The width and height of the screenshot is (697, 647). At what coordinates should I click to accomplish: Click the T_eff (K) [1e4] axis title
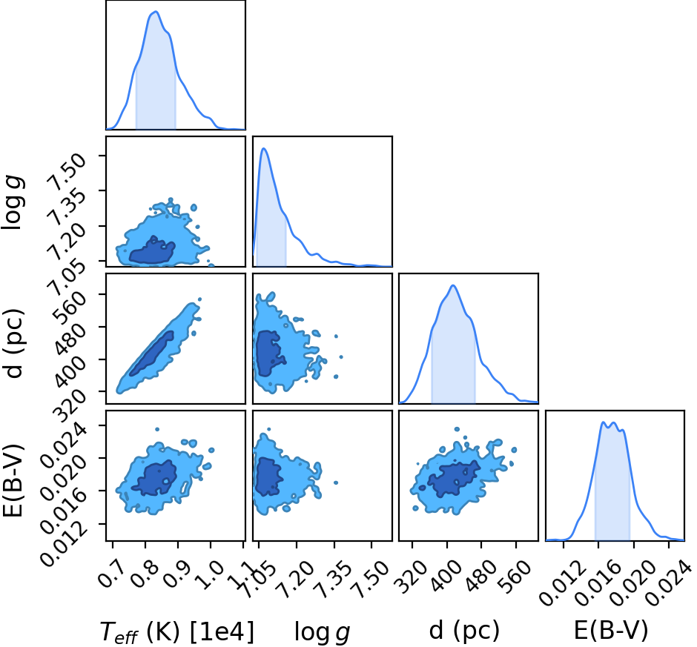(177, 631)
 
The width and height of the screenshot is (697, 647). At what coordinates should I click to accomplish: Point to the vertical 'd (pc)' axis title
(14, 342)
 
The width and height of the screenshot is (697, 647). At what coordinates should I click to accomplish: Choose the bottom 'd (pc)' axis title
(464, 631)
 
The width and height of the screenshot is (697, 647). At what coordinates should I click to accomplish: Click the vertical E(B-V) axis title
(13, 480)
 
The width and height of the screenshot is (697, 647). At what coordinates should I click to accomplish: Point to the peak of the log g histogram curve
(263, 148)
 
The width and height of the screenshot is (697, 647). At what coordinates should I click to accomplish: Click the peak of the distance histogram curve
(453, 285)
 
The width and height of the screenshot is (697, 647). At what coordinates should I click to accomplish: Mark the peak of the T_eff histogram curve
(155, 12)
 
